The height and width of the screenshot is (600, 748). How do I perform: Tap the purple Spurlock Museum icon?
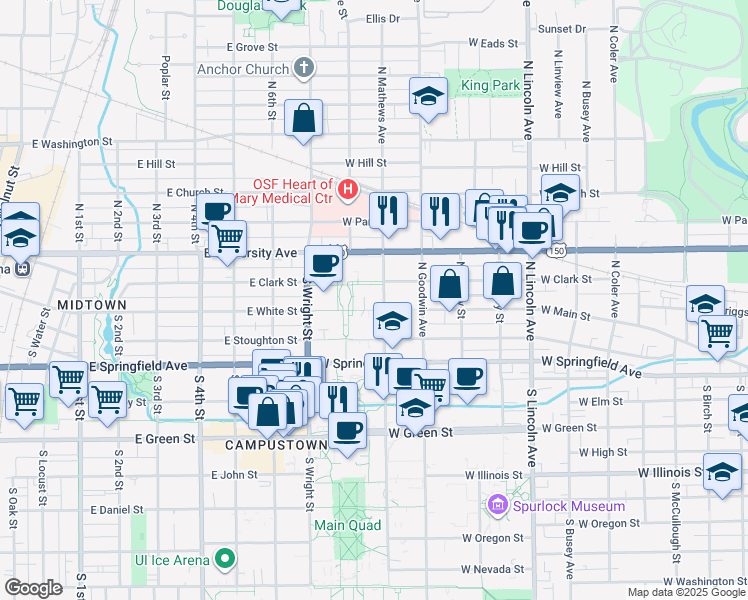pos(497,506)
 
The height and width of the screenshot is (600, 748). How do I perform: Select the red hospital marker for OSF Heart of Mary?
pos(347,188)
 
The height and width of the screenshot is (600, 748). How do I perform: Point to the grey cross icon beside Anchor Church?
pos(305,69)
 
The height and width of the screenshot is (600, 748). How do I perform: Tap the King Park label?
pos(489,86)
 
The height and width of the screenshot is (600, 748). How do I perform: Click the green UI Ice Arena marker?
pos(226,557)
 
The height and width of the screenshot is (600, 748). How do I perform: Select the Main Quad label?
pos(349,524)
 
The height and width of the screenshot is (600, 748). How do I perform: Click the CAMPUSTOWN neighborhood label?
pos(277,444)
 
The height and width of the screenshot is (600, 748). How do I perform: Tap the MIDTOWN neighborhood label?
pos(92,303)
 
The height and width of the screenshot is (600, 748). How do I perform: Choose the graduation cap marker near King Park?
pos(428,97)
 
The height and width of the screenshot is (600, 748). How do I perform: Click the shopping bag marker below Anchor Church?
pos(303,119)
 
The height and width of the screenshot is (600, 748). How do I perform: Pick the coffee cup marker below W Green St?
pos(347,431)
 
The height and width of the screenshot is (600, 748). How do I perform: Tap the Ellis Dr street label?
pos(383,18)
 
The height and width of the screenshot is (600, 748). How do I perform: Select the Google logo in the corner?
pos(33,587)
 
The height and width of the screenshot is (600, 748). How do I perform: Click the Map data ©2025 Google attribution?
pos(685,592)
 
